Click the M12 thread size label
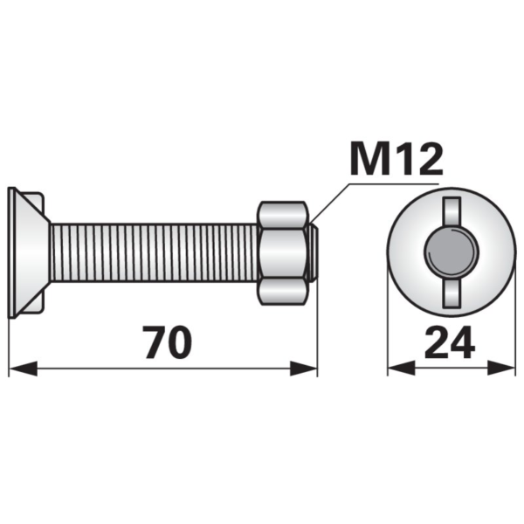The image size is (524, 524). point(396,159)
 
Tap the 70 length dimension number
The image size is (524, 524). point(169,342)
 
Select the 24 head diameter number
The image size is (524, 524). point(450,342)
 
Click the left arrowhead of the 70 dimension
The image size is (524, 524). point(23,369)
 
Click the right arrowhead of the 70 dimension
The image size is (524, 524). point(303,369)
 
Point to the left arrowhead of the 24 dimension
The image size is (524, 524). point(402,369)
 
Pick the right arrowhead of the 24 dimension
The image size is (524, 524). point(501,369)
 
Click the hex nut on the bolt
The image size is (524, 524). point(283,253)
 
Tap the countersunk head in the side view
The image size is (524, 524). point(29,252)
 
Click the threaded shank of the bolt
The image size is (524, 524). point(155,252)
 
